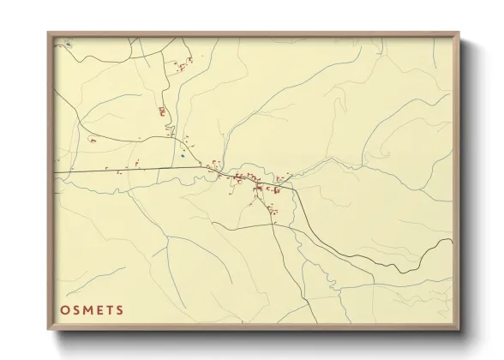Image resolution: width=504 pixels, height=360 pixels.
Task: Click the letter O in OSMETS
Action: (66, 310)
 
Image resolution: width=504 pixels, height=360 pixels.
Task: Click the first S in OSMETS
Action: (78, 310)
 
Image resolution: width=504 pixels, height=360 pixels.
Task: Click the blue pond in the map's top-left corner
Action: (69, 44)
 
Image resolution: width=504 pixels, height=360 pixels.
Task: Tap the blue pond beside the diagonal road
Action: (183, 156)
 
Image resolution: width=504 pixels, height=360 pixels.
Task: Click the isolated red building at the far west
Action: (93, 140)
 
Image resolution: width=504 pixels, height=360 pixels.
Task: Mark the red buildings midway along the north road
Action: (160, 111)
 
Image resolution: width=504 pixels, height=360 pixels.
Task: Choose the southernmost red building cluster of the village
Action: (273, 210)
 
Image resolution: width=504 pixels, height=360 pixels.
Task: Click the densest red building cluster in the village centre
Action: (244, 180)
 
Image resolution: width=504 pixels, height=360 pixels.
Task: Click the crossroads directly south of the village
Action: (273, 225)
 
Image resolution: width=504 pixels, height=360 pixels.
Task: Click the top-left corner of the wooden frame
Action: (48, 33)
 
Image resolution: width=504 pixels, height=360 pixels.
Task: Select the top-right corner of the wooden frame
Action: (459, 33)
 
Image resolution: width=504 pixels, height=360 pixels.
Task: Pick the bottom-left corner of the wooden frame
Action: (48, 330)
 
